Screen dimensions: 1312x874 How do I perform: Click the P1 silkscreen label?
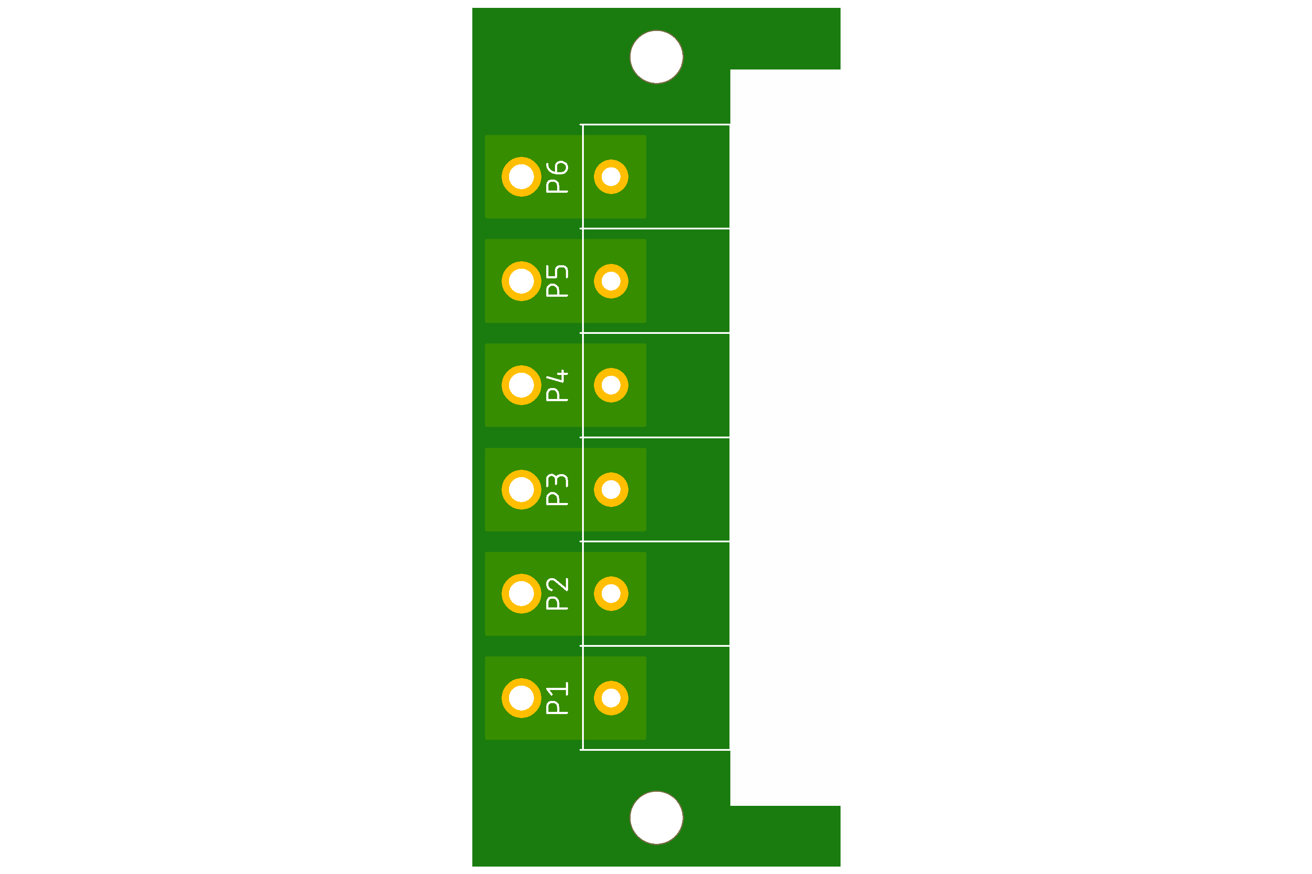(557, 698)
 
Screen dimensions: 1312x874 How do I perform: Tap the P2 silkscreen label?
(557, 593)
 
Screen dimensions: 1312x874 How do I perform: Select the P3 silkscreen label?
(557, 489)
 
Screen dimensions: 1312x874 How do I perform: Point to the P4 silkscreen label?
(557, 385)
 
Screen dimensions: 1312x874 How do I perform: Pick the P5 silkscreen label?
(557, 281)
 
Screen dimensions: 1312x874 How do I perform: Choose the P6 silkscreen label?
(557, 177)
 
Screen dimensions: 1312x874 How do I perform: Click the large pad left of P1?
(522, 698)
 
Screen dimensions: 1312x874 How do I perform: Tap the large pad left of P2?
(522, 593)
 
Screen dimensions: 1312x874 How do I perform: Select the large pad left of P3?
(522, 489)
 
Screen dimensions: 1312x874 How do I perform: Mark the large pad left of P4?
(522, 385)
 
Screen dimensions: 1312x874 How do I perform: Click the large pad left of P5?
(522, 281)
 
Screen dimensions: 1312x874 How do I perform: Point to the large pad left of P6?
(522, 177)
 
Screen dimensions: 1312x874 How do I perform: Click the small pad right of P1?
(611, 698)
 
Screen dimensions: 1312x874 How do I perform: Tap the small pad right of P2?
(611, 593)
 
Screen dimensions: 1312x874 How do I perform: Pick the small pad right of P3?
(611, 489)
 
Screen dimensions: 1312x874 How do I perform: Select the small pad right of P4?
(611, 385)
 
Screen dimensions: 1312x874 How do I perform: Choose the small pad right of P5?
(611, 281)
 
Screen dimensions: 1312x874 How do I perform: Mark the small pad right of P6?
(611, 177)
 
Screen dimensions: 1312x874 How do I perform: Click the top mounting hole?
(656, 57)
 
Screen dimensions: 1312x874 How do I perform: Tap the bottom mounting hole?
(656, 818)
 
